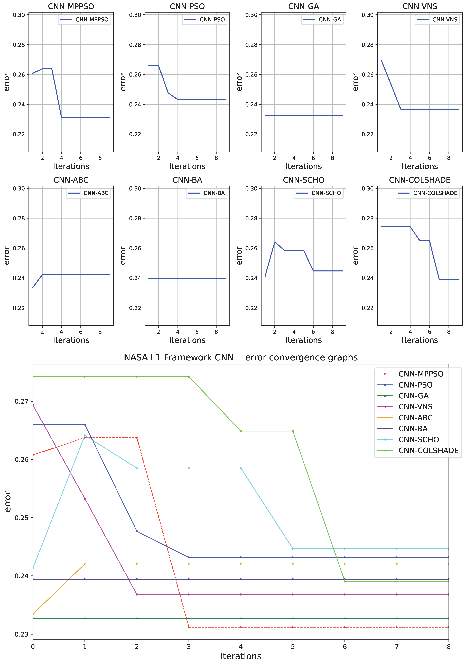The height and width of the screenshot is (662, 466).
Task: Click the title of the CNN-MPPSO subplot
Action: [71, 6]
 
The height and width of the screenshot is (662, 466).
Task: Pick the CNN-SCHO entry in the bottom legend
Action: [418, 440]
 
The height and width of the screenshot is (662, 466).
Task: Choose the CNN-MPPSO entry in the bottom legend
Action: [421, 374]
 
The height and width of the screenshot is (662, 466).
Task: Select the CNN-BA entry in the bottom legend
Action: [413, 429]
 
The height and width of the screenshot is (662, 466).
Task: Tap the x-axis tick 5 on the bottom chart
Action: [293, 647]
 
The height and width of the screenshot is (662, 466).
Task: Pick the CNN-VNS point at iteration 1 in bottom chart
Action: [85, 498]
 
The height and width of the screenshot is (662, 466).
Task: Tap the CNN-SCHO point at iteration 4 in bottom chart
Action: [241, 468]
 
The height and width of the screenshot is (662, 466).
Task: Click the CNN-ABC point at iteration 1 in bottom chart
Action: [85, 564]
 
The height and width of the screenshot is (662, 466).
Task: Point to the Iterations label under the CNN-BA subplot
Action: [187, 340]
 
